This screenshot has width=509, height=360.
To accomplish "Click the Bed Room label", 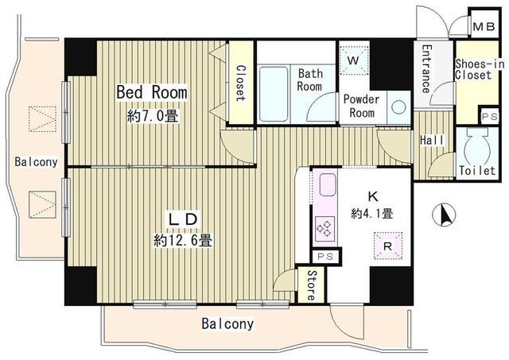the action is click(x=152, y=92).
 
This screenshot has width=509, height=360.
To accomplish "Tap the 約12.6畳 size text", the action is click(x=183, y=241).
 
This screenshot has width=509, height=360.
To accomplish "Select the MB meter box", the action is click(x=484, y=26).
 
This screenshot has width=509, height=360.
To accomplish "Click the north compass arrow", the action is click(x=444, y=215).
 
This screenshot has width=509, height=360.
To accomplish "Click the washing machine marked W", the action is click(x=354, y=60).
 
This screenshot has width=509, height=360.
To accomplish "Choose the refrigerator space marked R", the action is click(x=388, y=246).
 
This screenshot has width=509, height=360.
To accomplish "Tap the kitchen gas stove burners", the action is click(x=325, y=228).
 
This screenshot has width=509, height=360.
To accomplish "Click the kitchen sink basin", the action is click(x=328, y=184).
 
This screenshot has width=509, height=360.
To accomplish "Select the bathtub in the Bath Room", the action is click(x=274, y=94).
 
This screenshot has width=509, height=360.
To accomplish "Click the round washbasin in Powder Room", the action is click(x=398, y=106).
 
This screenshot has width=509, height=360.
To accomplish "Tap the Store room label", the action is click(x=311, y=285).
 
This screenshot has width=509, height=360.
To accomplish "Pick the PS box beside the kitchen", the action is click(x=325, y=257).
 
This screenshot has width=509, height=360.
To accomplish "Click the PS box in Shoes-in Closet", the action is click(x=489, y=117).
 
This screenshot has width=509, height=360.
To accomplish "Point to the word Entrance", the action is click(x=427, y=69).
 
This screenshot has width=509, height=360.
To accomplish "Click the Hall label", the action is click(x=432, y=140).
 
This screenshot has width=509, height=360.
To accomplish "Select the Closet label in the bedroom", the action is click(x=241, y=83).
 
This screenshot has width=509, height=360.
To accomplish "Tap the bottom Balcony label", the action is click(x=227, y=323).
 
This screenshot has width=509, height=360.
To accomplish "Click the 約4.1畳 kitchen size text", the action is click(x=372, y=214).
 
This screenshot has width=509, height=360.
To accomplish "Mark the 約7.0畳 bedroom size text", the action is click(x=153, y=115).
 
